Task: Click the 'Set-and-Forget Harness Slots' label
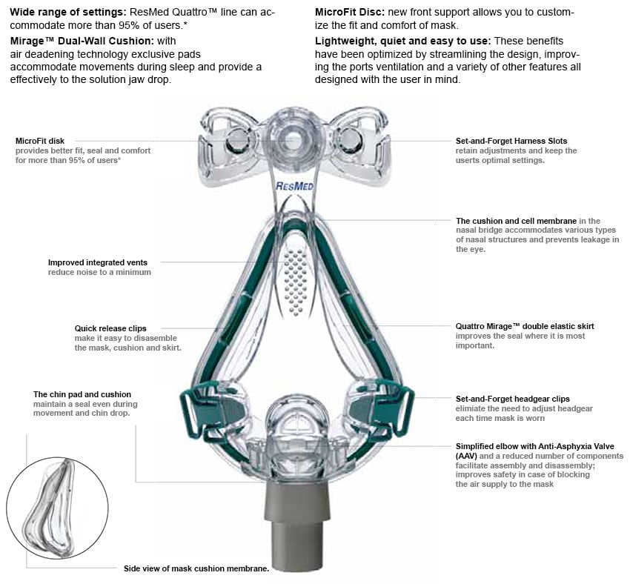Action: click(511, 140)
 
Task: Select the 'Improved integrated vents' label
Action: click(97, 262)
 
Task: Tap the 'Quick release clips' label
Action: click(110, 328)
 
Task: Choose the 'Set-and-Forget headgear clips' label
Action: click(512, 399)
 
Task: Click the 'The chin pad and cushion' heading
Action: click(82, 394)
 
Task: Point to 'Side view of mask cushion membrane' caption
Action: click(196, 569)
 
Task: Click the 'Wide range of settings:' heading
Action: click(67, 13)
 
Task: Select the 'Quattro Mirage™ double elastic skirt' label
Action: click(525, 326)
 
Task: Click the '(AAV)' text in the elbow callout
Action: click(466, 457)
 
